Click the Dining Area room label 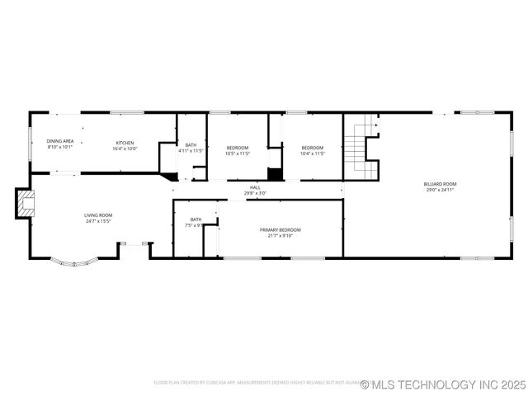pos(60,142)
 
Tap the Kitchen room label pos(125,143)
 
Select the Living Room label pos(98,215)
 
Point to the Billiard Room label pos(441,184)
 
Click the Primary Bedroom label pos(280,229)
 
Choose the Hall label pos(256,188)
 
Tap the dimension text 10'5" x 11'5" pos(238,153)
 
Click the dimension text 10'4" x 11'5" pos(313,153)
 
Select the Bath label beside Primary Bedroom pos(196,219)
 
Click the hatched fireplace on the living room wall pos(26,204)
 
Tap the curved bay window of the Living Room pos(75,263)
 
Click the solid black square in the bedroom pos(275,174)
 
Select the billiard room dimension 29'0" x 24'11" pos(441,190)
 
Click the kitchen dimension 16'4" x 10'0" pos(125,148)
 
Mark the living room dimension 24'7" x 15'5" pos(98,221)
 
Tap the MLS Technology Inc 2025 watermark pos(443,384)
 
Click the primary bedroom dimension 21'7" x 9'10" pos(280,235)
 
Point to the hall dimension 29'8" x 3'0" pos(256,194)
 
